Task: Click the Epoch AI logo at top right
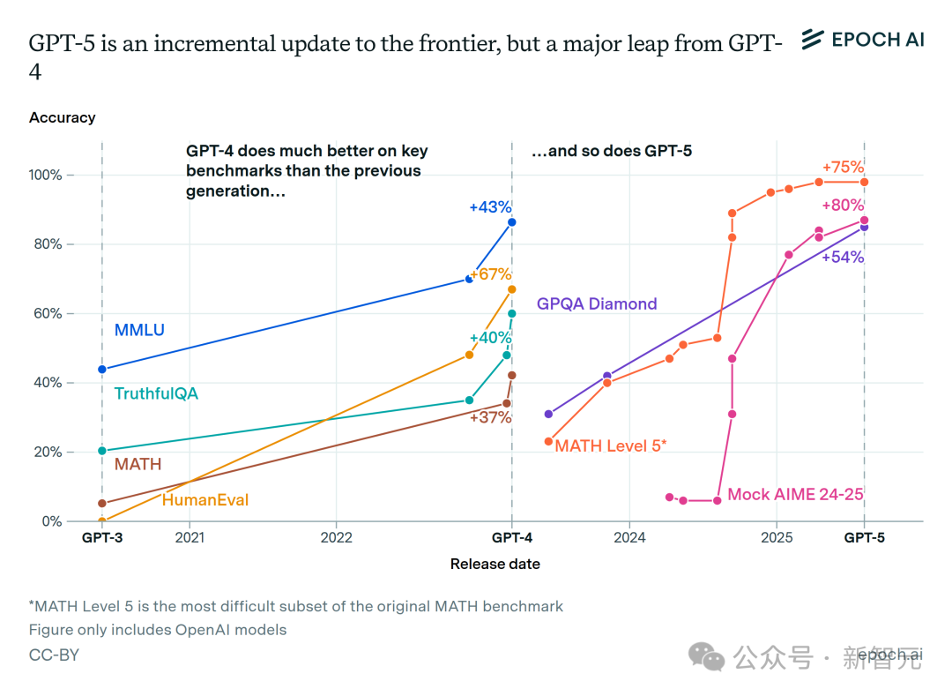pyautogui.click(x=862, y=40)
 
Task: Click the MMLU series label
pyautogui.click(x=139, y=331)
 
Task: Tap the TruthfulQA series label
pyautogui.click(x=156, y=393)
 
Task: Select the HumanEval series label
pyautogui.click(x=205, y=500)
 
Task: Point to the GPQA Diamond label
pyautogui.click(x=597, y=303)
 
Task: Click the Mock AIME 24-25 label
pyautogui.click(x=795, y=494)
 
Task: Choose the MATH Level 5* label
pyautogui.click(x=611, y=445)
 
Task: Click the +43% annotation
pyautogui.click(x=490, y=207)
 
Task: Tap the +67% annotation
pyautogui.click(x=491, y=274)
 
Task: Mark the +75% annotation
pyautogui.click(x=843, y=168)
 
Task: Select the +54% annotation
pyautogui.click(x=843, y=258)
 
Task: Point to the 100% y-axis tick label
pyautogui.click(x=45, y=175)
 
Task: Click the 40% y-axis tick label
pyautogui.click(x=48, y=383)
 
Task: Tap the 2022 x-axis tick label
pyautogui.click(x=336, y=536)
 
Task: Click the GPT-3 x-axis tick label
pyautogui.click(x=102, y=536)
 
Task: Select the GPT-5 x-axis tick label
pyautogui.click(x=864, y=536)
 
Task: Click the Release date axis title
pyautogui.click(x=495, y=564)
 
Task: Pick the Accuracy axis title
pyautogui.click(x=62, y=117)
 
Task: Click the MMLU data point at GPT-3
pyautogui.click(x=102, y=369)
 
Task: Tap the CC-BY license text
pyautogui.click(x=54, y=655)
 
